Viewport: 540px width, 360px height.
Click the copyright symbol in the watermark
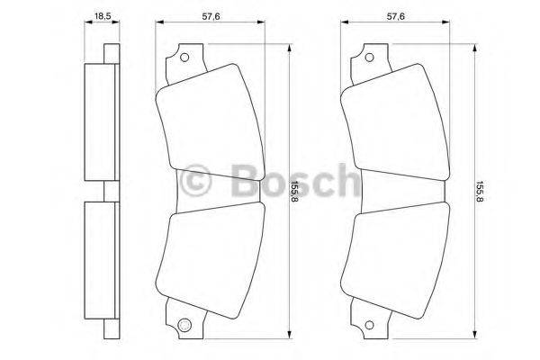[196, 180]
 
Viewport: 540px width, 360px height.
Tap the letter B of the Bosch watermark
[240, 180]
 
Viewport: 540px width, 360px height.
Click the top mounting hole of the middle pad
[185, 59]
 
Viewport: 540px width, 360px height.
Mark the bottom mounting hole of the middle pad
[185, 325]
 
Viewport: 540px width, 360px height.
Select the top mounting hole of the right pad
[369, 59]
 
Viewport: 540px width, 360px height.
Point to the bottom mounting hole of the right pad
[369, 325]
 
